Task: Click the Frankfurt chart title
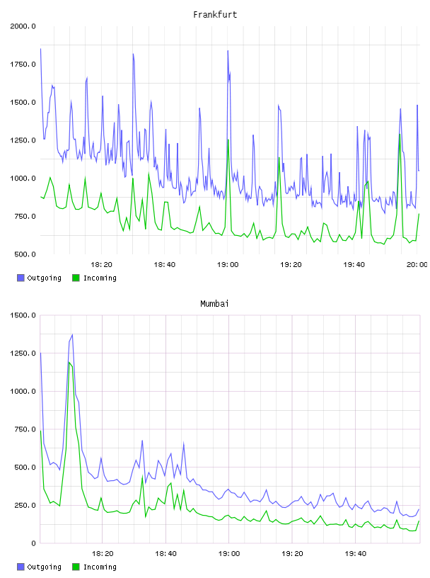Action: [215, 15]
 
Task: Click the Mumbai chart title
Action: [214, 304]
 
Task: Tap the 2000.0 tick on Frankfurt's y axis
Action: [23, 26]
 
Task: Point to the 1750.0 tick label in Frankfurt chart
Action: [23, 64]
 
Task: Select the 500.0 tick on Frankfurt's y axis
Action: [25, 254]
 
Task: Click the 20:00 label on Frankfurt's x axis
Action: [417, 265]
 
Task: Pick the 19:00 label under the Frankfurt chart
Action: [228, 265]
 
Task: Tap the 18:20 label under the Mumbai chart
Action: [103, 554]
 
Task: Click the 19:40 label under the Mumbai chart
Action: [355, 554]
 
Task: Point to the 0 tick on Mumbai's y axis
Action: [33, 543]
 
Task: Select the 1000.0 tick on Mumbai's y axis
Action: [23, 392]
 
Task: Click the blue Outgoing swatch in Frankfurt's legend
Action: [21, 278]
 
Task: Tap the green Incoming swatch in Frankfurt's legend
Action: [76, 278]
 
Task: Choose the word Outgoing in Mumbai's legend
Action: [44, 567]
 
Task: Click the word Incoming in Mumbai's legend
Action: [100, 567]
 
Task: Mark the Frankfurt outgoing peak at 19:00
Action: [228, 51]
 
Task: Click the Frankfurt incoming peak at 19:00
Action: [228, 140]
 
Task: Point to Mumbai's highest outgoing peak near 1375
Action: [72, 334]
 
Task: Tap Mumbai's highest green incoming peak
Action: [69, 363]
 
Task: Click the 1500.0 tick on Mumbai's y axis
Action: [23, 315]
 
